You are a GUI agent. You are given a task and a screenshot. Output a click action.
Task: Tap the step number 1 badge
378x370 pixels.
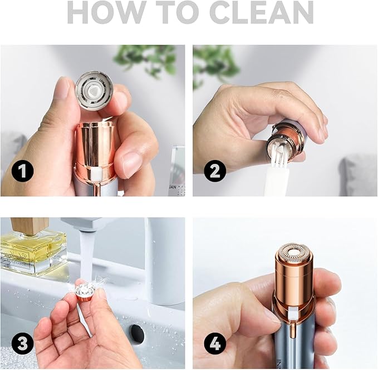pyautogui.click(x=22, y=171)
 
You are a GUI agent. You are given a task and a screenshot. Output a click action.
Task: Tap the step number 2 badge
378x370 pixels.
pyautogui.click(x=214, y=171)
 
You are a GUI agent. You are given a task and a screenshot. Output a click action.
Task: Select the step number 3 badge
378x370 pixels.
pyautogui.click(x=22, y=344)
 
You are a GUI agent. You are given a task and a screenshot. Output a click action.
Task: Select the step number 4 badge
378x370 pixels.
pyautogui.click(x=214, y=344)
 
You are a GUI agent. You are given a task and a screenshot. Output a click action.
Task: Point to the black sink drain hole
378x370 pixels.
pyautogui.click(x=136, y=334)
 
